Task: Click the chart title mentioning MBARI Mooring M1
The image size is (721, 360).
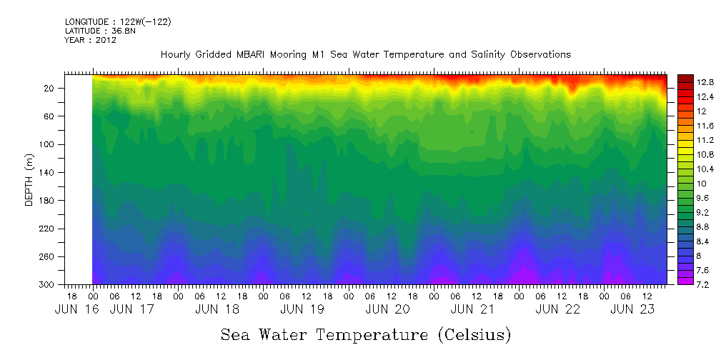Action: [x=366, y=55]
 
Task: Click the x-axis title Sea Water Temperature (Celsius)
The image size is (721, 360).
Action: [x=366, y=334]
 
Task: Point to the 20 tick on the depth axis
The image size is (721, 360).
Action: [x=50, y=88]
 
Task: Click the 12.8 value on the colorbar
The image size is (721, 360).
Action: [x=687, y=83]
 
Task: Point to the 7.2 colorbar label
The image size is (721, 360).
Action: [x=687, y=285]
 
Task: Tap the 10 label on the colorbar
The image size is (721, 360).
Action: [x=683, y=184]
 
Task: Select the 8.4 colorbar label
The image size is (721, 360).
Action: [x=687, y=241]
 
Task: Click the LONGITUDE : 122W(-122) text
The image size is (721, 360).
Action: [x=118, y=22]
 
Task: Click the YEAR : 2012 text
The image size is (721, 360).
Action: [x=90, y=41]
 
